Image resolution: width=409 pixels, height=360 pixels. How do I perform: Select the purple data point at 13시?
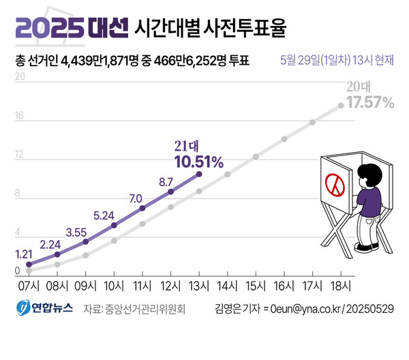coord(199,175)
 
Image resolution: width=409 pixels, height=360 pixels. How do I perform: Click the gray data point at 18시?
coord(341,106)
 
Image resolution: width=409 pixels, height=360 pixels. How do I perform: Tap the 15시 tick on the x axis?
coord(256,285)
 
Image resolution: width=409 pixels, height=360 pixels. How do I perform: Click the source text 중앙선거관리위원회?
coord(144,308)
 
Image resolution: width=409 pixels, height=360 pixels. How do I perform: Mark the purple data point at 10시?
coord(114,225)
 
